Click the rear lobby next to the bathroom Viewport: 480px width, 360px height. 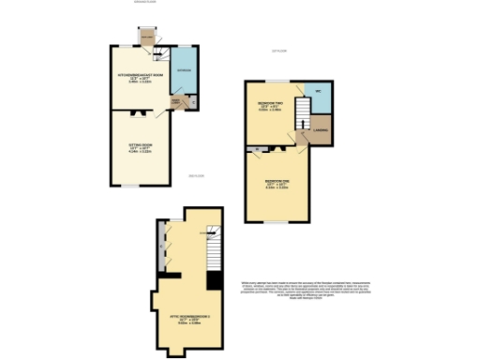point(174,101)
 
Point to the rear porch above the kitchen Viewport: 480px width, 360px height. point(146,37)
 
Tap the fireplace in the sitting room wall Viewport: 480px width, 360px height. point(139,112)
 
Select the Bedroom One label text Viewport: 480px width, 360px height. point(277,182)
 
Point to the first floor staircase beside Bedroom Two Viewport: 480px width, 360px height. point(303,116)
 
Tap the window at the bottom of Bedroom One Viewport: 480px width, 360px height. point(276,222)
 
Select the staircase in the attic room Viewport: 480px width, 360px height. point(214,247)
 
